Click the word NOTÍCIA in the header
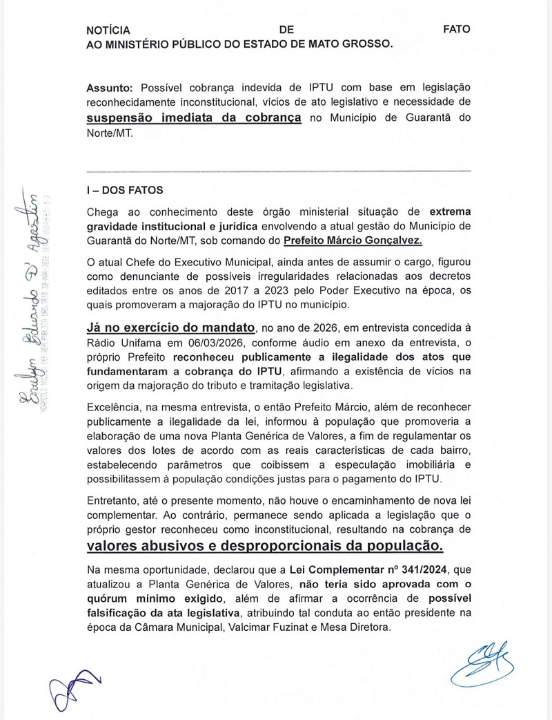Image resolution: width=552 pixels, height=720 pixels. pyautogui.click(x=108, y=30)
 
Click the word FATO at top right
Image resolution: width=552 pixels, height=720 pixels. pyautogui.click(x=457, y=30)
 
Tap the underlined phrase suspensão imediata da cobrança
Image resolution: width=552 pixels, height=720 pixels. pyautogui.click(x=194, y=117)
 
